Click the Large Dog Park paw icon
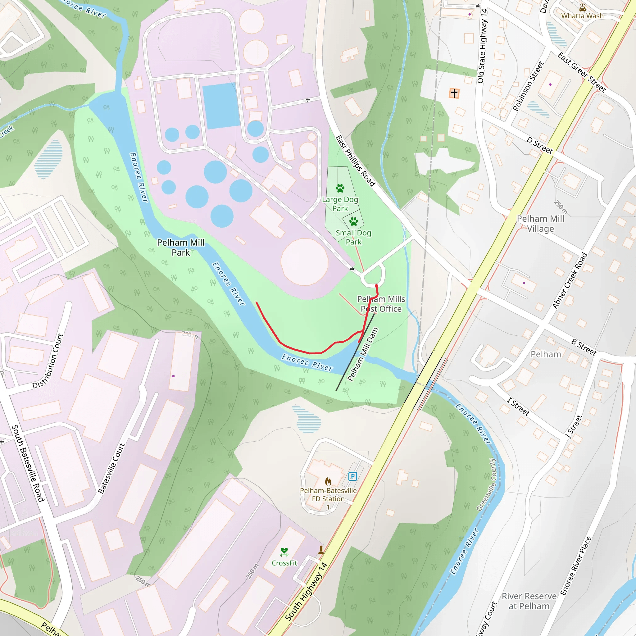click(340, 188)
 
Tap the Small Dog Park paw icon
click(353, 221)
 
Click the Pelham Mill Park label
click(181, 248)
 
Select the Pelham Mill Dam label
click(362, 354)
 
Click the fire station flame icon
click(328, 482)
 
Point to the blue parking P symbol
click(352, 476)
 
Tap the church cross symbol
click(454, 93)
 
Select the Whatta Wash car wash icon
click(582, 7)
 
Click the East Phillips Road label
click(355, 161)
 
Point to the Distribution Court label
click(48, 361)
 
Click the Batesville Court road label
click(111, 468)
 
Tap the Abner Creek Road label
click(570, 281)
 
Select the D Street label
click(539, 145)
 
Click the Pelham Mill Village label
click(541, 224)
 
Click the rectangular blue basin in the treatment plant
click(220, 106)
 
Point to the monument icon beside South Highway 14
click(321, 549)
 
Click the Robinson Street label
click(528, 86)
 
